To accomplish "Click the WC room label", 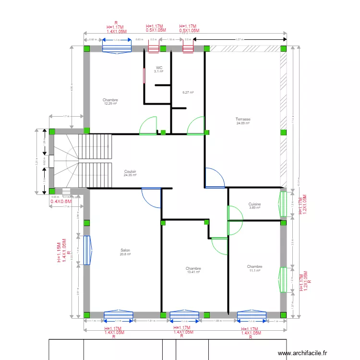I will click(158, 68).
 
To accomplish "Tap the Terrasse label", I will click(243, 119).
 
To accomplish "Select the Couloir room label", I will click(130, 171).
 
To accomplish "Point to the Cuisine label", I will click(254, 204).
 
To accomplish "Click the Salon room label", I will click(125, 250).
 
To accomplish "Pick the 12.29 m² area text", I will click(110, 104).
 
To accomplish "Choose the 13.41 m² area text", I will click(193, 272).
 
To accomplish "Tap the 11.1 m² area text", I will click(254, 271).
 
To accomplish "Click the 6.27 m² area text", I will click(188, 93).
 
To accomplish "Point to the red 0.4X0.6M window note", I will click(60, 202).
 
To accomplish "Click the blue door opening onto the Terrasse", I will click(214, 177).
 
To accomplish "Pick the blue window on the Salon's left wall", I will click(87, 250).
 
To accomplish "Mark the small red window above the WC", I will click(154, 48).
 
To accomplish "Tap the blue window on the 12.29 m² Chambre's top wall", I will click(117, 48).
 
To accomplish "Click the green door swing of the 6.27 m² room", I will click(196, 125).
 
